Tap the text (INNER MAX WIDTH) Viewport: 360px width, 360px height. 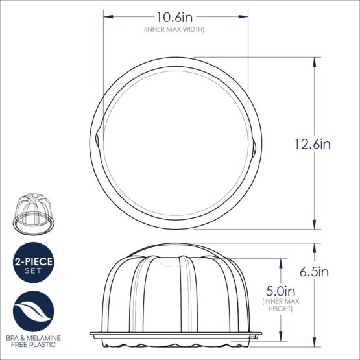(x=173, y=29)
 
